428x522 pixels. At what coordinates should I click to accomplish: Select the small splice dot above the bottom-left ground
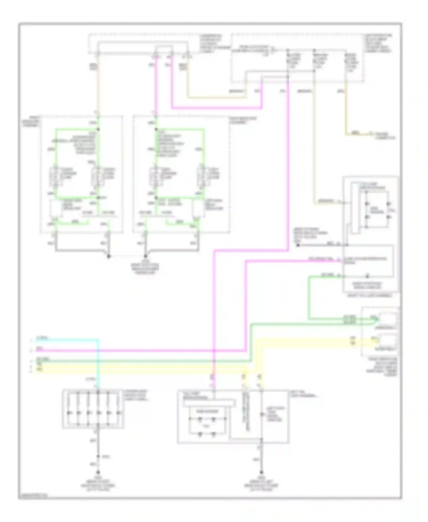[x=98, y=456]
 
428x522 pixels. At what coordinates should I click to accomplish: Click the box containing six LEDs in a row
[x=93, y=409]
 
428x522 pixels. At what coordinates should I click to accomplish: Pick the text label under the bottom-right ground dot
[x=261, y=483]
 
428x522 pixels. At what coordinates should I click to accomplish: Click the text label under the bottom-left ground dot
[x=98, y=483]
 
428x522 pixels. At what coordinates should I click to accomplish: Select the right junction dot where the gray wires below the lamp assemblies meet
[x=145, y=256]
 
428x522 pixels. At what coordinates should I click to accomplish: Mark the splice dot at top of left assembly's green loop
[x=98, y=129]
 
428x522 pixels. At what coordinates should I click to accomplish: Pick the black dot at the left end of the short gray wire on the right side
[x=298, y=245]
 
